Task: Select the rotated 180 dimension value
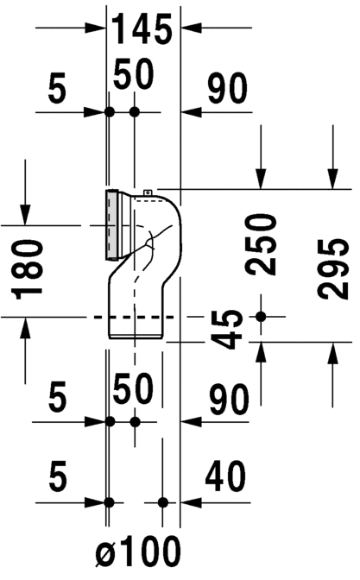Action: pos(28,268)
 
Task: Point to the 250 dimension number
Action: pos(262,243)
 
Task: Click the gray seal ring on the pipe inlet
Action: pos(111,224)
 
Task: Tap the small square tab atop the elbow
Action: pos(148,192)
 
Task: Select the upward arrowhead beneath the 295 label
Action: pos(333,350)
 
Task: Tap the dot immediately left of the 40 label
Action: pos(162,501)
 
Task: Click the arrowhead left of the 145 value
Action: pos(98,28)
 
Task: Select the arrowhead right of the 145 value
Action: pos(186,28)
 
